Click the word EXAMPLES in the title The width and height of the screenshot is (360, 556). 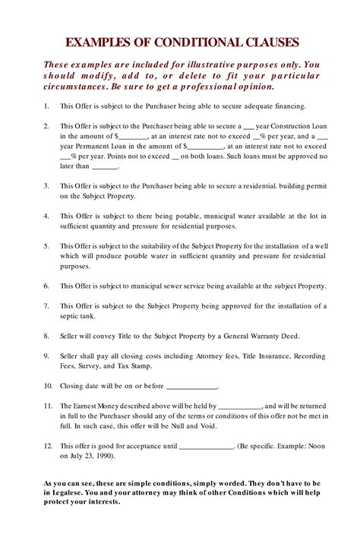click(98, 43)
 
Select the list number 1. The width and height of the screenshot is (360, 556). click(46, 106)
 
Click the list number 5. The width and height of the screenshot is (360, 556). click(46, 246)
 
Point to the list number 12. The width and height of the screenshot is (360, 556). click(48, 447)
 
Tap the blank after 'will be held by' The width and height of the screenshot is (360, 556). click(241, 407)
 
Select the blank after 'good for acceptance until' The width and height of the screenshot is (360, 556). click(206, 447)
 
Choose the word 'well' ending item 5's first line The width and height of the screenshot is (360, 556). click(320, 246)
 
